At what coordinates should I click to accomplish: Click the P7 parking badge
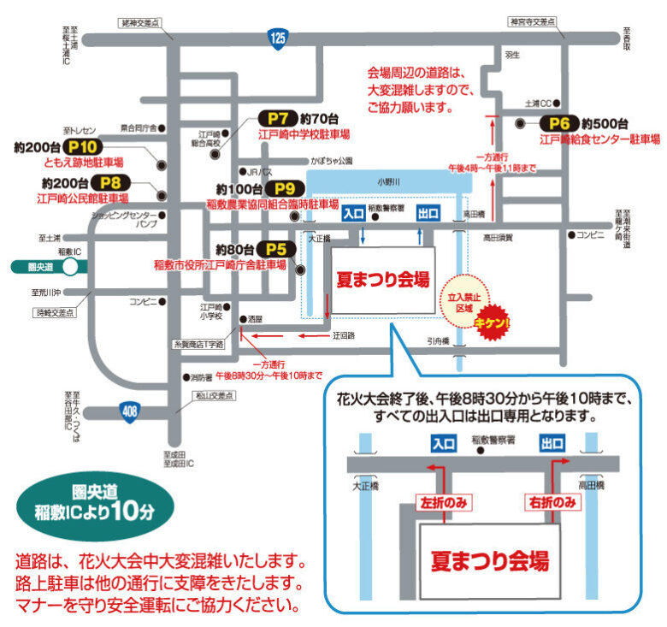[x=276, y=119]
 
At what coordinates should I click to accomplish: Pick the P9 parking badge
[x=284, y=189]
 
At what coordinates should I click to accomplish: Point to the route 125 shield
[x=277, y=38]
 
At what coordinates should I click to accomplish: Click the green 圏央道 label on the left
[x=42, y=267]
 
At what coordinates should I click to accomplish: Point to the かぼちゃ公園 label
[x=332, y=160]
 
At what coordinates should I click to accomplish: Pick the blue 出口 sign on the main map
[x=428, y=214]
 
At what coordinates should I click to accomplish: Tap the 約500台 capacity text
[x=610, y=123]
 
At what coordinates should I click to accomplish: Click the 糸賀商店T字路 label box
[x=196, y=344]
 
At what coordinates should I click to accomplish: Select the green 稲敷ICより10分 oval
[x=96, y=506]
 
